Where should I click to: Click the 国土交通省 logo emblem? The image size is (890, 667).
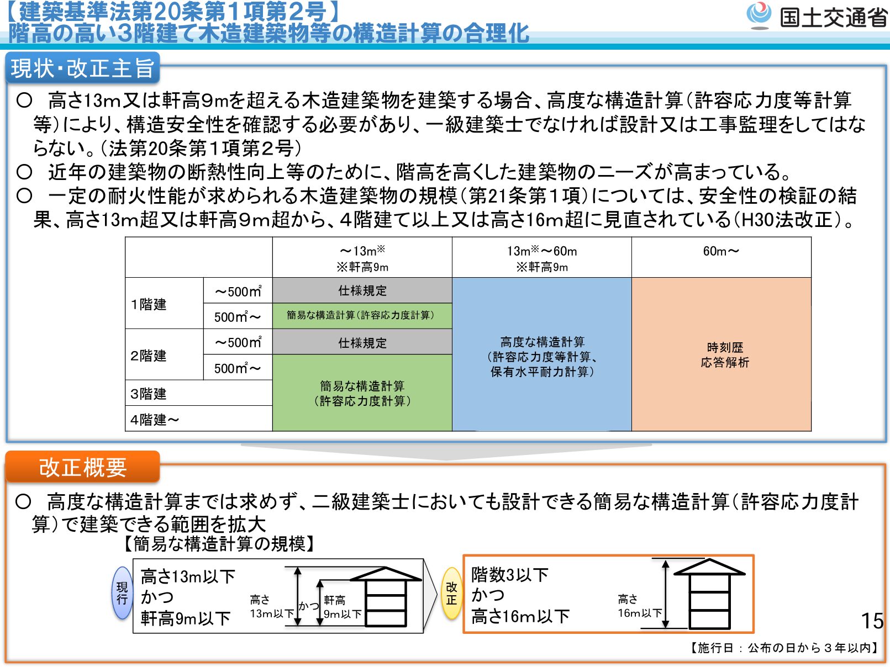pyautogui.click(x=759, y=15)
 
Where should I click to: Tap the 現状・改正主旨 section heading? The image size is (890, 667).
pyautogui.click(x=83, y=68)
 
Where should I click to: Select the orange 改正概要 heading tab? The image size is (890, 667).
pyautogui.click(x=83, y=467)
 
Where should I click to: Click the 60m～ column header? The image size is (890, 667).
pyautogui.click(x=721, y=251)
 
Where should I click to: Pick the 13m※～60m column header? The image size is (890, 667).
pyautogui.click(x=542, y=258)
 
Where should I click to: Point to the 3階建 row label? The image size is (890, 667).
pyautogui.click(x=149, y=394)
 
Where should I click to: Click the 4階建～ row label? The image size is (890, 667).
pyautogui.click(x=155, y=420)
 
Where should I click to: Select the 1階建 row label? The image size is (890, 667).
pyautogui.click(x=149, y=304)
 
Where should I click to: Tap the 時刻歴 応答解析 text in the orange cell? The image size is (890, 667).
pyautogui.click(x=725, y=354)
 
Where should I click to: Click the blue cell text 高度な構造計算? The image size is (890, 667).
pyautogui.click(x=542, y=342)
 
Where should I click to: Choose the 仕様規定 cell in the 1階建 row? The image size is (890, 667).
pyautogui.click(x=362, y=290)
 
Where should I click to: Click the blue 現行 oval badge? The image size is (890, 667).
pyautogui.click(x=122, y=593)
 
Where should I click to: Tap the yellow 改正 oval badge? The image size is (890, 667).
pyautogui.click(x=451, y=593)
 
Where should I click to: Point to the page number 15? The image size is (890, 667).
pyautogui.click(x=872, y=621)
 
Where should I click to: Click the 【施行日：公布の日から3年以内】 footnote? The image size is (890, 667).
pyautogui.click(x=784, y=648)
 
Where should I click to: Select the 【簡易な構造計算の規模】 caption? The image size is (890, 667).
pyautogui.click(x=219, y=544)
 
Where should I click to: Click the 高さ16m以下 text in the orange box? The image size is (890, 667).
pyautogui.click(x=520, y=616)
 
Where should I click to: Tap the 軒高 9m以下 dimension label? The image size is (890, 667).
pyautogui.click(x=343, y=607)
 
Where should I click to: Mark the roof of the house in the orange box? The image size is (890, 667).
pyautogui.click(x=709, y=567)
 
